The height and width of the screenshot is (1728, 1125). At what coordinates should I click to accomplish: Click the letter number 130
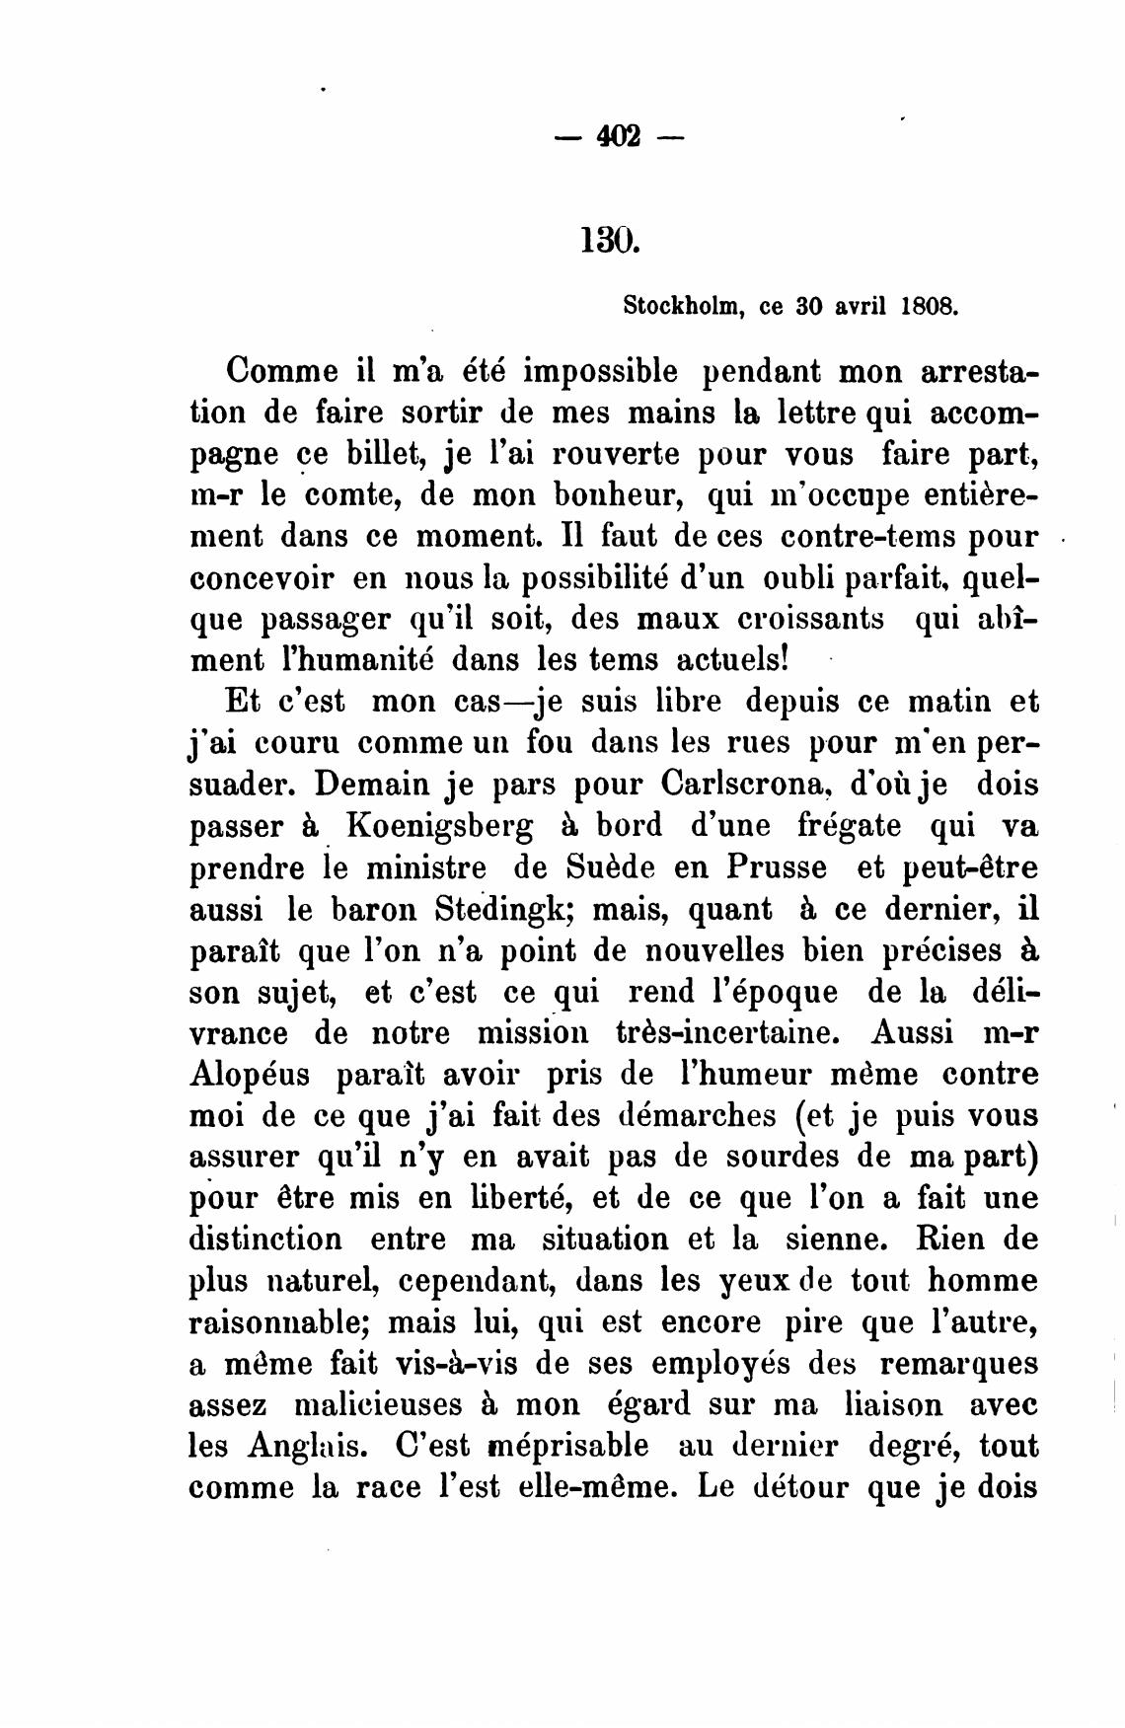pyautogui.click(x=612, y=239)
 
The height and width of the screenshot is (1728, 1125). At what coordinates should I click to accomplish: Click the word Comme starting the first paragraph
pyautogui.click(x=280, y=372)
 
